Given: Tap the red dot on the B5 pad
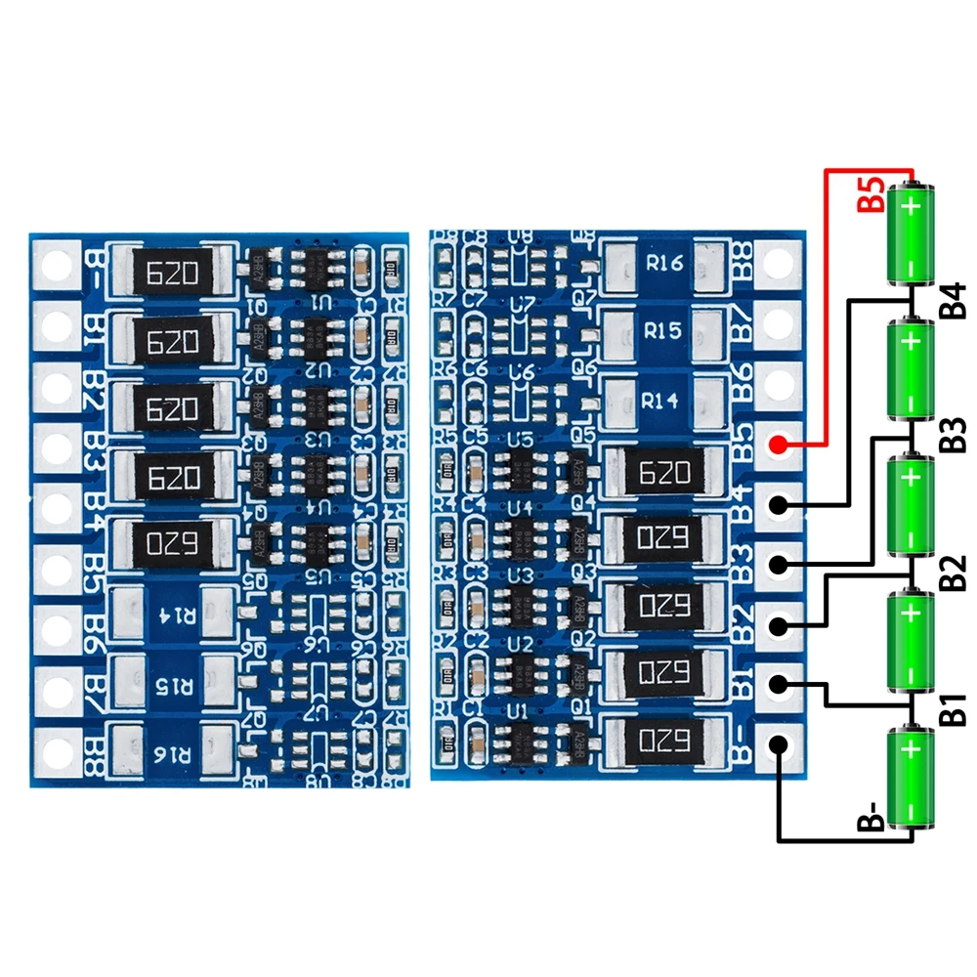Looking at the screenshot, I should point(779,446).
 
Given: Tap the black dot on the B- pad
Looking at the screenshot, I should point(779,744).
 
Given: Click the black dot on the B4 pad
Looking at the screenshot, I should point(779,505).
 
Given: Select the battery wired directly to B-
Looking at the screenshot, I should point(911,779).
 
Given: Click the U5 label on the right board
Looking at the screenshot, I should point(520,441).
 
